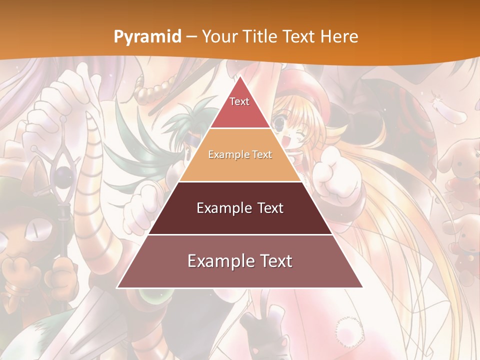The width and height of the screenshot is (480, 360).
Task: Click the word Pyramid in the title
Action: click(147, 36)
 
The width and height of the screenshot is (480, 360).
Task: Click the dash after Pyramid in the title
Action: click(191, 37)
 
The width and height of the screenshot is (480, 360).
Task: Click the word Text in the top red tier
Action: click(239, 101)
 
